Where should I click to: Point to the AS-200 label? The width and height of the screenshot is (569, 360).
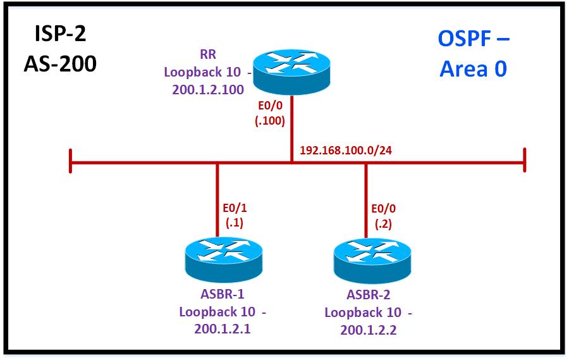pyautogui.click(x=60, y=63)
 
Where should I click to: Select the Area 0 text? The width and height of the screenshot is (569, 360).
pyautogui.click(x=473, y=68)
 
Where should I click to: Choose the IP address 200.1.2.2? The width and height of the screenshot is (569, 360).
pyautogui.click(x=368, y=330)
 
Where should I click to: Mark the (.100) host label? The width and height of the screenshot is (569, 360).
pyautogui.click(x=270, y=120)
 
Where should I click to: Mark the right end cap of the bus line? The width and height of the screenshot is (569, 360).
pyautogui.click(x=524, y=162)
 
